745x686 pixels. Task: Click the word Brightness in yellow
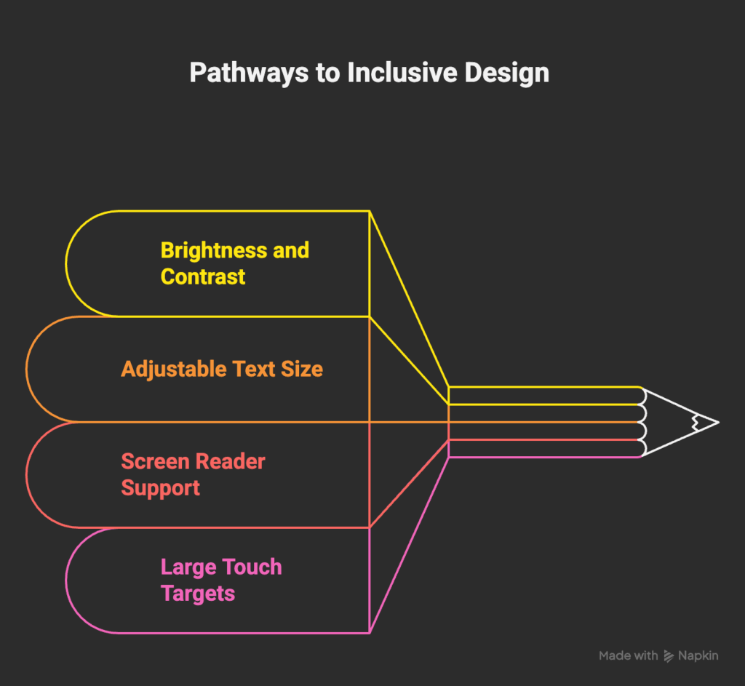tap(204, 250)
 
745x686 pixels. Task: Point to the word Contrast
tap(203, 276)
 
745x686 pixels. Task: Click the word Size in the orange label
tap(302, 369)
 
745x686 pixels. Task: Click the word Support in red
tap(160, 487)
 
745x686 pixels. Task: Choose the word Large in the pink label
tap(188, 567)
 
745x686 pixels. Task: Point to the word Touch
tap(252, 567)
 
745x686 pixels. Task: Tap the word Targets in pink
tap(198, 593)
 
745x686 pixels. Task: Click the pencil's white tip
tap(707, 422)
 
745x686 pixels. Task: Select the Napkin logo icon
tap(669, 656)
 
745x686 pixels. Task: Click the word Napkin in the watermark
tap(699, 655)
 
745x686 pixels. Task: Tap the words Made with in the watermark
tap(628, 655)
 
